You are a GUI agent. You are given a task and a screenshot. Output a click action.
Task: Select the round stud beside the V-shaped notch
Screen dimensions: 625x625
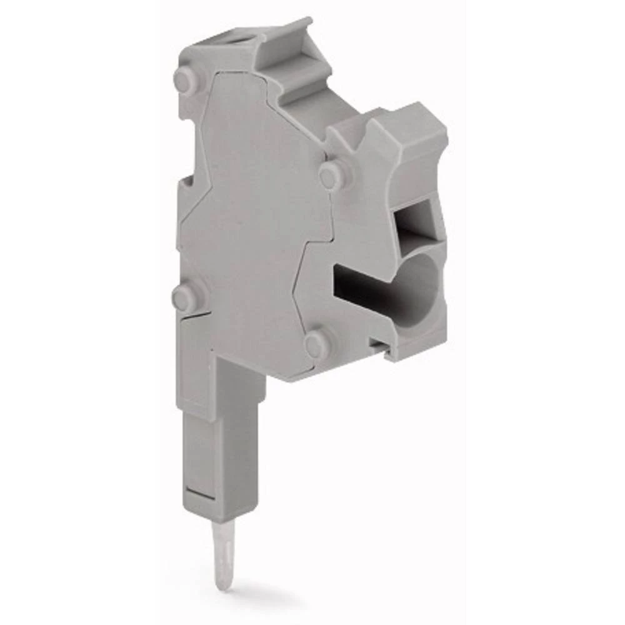[x=329, y=174]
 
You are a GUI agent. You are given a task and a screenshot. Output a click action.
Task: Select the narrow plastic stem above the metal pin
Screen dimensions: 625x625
[x=220, y=450]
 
